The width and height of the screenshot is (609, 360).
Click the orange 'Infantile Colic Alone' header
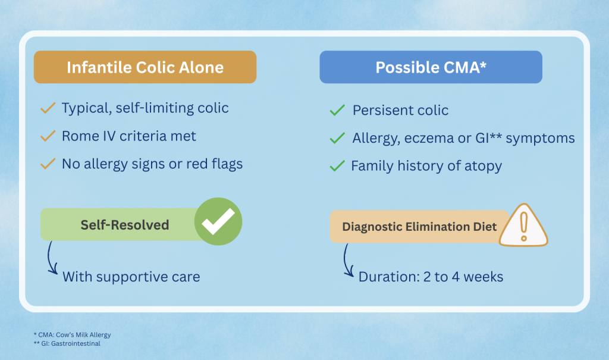145,67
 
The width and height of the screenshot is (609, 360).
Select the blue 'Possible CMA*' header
431,67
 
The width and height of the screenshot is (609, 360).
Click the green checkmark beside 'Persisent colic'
337,110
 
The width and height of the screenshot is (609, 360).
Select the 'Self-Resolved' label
125,225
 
